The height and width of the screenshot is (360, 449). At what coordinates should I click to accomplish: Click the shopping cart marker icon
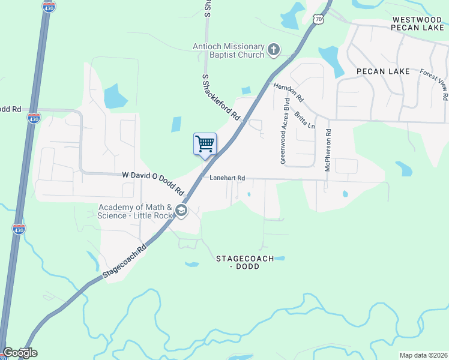click(205, 145)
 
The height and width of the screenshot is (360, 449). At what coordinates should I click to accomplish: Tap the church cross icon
click(274, 50)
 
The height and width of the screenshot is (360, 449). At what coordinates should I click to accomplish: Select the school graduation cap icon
click(181, 211)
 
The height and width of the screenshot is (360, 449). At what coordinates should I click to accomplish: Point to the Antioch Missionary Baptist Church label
click(229, 50)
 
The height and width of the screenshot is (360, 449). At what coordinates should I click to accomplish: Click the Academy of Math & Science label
click(136, 211)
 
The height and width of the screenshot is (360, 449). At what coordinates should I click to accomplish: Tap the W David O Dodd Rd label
click(153, 183)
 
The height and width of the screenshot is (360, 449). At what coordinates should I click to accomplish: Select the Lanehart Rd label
click(228, 178)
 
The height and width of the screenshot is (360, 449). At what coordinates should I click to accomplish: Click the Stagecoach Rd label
click(124, 260)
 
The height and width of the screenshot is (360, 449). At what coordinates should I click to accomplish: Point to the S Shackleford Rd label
click(221, 98)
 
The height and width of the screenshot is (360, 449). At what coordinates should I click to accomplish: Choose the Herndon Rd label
click(289, 92)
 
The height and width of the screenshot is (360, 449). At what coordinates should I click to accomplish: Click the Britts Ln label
click(304, 120)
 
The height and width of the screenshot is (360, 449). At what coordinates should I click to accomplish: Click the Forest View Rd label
click(435, 84)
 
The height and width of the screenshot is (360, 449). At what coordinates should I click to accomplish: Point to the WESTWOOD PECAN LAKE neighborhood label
click(418, 24)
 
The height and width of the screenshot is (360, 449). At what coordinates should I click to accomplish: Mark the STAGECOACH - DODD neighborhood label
click(245, 262)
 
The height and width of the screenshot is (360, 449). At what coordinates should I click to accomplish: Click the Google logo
click(20, 353)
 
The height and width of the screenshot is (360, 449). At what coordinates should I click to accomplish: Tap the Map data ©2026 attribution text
click(423, 355)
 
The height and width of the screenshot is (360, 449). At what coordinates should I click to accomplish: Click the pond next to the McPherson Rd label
click(345, 194)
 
